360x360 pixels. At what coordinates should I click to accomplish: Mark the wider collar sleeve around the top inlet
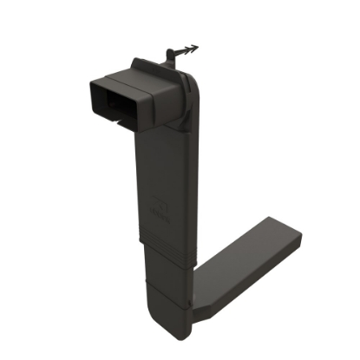[156, 95]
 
